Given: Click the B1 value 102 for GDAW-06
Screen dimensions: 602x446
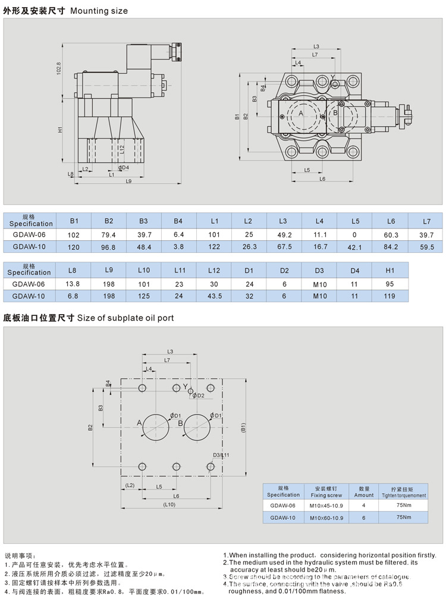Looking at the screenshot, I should point(74,235).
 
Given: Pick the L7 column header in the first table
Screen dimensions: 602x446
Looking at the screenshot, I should point(426,221).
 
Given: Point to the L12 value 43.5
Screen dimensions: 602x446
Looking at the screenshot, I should point(215,295).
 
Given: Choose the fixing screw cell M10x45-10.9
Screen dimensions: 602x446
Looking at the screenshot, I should point(326,505).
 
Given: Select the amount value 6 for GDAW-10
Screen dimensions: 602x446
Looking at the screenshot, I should point(364,518).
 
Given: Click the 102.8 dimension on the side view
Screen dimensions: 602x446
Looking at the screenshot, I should point(59,68).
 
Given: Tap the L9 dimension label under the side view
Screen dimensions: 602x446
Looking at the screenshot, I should point(128,181).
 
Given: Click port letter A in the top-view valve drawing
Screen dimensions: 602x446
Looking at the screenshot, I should point(301,113).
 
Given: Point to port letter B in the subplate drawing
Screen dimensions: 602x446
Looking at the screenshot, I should point(180,423).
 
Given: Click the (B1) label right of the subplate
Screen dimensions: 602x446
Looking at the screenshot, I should point(243,427).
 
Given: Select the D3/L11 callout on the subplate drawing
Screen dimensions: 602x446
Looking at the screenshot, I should point(221,455).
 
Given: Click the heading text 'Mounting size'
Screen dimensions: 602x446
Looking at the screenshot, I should point(99,11).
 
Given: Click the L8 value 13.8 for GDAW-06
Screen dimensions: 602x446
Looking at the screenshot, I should point(72,284).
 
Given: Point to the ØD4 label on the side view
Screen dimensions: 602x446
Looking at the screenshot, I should point(123,168).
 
